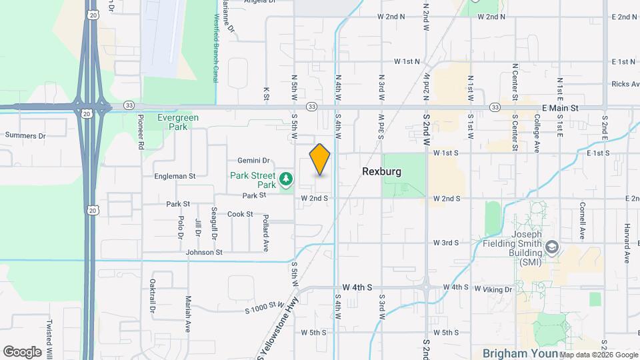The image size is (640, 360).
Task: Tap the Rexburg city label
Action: [381, 172]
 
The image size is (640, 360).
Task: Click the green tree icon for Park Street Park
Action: [286, 178]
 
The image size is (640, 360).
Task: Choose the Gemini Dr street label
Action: [253, 161]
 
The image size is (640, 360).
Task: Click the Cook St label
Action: [240, 214]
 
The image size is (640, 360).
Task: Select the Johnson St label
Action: [204, 253]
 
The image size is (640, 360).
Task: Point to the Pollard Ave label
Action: [265, 233]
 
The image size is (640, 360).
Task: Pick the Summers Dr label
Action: [25, 135]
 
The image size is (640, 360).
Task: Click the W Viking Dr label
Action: [493, 289]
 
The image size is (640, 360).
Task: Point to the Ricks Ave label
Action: [625, 85]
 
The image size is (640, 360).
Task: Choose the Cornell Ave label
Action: [582, 221]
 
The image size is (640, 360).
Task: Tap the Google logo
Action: [22, 352]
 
